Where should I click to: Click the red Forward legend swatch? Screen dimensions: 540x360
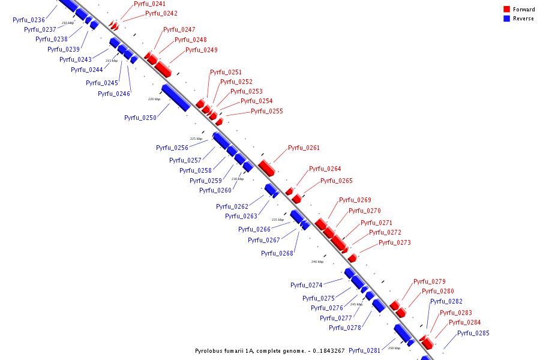tap(507, 10)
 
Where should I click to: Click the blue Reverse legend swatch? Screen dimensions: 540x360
tap(507, 19)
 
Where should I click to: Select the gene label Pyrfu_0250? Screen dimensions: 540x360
tap(140, 118)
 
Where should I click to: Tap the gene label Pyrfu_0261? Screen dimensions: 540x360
tap(304, 148)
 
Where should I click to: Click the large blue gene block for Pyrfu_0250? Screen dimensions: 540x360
tap(175, 97)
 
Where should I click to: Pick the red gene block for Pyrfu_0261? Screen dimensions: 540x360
tap(266, 167)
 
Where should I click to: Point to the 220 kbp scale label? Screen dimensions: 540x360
tap(154, 99)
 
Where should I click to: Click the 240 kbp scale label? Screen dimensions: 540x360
tap(317, 262)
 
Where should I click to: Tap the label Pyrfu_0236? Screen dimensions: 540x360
tap(29, 20)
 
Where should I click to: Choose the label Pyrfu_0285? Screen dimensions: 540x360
tap(473, 333)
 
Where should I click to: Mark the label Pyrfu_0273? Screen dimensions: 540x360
tap(395, 242)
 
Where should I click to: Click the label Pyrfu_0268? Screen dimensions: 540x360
tap(277, 253)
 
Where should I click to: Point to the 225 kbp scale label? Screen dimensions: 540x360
tap(196, 139)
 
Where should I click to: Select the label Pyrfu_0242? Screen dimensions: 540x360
tap(161, 13)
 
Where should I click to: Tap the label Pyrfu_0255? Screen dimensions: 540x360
tap(267, 111)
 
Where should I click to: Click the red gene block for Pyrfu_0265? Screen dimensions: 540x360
tap(296, 199)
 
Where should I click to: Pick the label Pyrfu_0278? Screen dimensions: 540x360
tap(345, 328)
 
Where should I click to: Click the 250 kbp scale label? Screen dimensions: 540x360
tap(394, 348)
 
